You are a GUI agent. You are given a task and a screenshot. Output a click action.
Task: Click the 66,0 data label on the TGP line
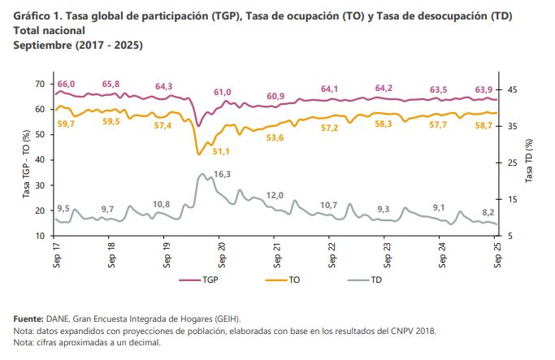(x=66, y=85)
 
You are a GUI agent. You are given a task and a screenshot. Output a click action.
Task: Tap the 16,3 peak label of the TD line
(x=223, y=174)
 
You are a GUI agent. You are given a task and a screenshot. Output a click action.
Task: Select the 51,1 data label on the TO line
(x=221, y=152)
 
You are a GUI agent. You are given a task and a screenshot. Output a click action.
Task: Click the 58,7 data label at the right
(x=484, y=125)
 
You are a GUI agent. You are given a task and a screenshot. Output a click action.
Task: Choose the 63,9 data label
(x=484, y=89)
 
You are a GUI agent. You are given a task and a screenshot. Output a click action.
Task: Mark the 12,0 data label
(x=275, y=195)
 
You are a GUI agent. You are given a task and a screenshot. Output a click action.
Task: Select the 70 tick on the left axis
(x=39, y=84)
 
